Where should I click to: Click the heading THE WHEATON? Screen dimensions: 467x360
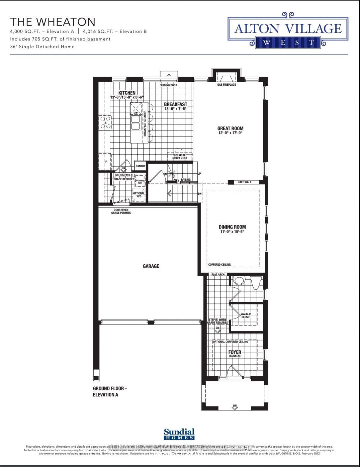53,22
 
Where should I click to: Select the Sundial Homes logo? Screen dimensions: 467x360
179,434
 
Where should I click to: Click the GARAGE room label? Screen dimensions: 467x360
151,266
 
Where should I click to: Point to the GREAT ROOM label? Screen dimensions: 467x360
230,128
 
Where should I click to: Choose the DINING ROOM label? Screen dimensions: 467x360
232,227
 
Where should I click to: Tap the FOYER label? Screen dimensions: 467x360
235,352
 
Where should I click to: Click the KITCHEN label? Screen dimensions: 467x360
127,93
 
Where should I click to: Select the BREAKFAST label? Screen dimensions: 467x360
175,104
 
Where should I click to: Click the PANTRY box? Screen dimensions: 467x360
140,166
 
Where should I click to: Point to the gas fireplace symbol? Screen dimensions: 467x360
226,78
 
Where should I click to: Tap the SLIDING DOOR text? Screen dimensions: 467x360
169,85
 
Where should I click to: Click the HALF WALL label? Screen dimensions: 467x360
244,182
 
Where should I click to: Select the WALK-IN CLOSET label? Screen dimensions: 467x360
246,316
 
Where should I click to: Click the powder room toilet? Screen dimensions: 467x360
238,281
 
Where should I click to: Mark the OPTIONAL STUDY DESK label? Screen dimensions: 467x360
180,157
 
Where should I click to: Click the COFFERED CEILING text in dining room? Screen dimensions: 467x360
219,264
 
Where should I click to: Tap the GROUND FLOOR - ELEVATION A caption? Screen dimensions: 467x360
110,391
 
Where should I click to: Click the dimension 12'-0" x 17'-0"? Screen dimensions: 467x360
230,133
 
